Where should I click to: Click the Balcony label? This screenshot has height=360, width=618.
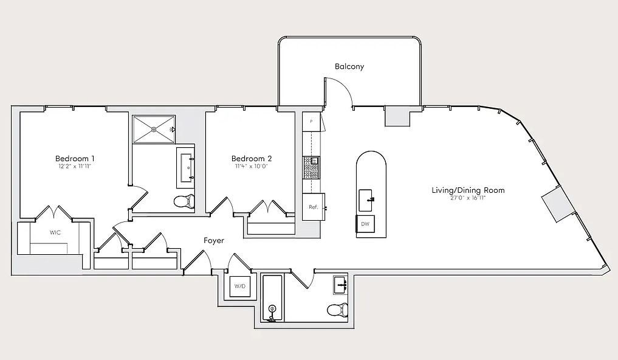[349, 67]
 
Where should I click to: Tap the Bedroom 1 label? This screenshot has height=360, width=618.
[75, 159]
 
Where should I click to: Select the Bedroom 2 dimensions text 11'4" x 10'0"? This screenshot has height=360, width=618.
[251, 167]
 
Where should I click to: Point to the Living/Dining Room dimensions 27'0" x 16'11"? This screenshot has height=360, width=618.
[468, 198]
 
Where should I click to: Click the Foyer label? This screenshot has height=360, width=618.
[214, 241]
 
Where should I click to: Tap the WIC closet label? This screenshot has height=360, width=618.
[55, 233]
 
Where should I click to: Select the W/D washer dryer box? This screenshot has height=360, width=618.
[240, 286]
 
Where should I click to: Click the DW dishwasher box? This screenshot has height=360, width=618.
[365, 224]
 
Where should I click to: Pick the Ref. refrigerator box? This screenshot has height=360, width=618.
[314, 207]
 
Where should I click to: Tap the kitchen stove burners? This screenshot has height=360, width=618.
[311, 168]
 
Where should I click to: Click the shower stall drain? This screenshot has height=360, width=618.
[154, 129]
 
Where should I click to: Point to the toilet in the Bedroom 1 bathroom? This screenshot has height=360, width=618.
[185, 201]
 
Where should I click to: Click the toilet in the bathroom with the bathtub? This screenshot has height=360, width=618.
[338, 310]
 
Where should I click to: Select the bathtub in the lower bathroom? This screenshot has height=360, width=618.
[272, 299]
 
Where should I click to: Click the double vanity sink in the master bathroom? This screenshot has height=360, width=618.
[186, 167]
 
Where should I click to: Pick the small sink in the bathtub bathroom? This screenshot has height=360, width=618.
[340, 285]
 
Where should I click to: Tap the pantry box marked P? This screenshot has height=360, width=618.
[311, 122]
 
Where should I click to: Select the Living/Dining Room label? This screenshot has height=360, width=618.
[468, 190]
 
